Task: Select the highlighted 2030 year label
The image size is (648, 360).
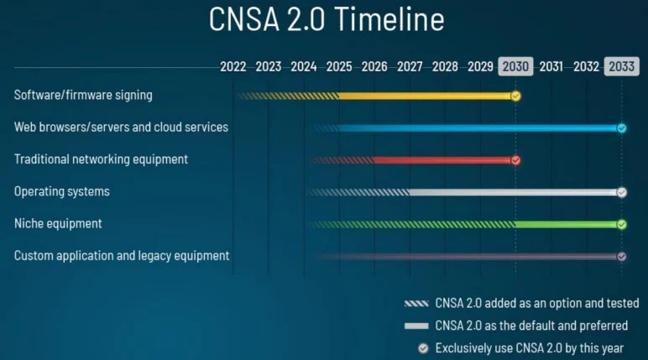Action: pyautogui.click(x=515, y=66)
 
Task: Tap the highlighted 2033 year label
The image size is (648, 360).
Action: pyautogui.click(x=621, y=66)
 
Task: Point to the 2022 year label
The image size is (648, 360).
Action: pyautogui.click(x=233, y=66)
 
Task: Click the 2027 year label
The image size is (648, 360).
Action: pyautogui.click(x=410, y=66)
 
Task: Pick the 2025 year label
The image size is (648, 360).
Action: pyautogui.click(x=339, y=66)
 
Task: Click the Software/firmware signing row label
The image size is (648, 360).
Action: pyautogui.click(x=83, y=95)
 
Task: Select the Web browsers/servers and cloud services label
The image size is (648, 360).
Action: pyautogui.click(x=121, y=128)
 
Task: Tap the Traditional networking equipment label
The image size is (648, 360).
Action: pyautogui.click(x=101, y=159)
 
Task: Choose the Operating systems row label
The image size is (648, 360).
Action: pyautogui.click(x=62, y=191)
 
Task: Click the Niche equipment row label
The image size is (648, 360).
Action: pyautogui.click(x=58, y=224)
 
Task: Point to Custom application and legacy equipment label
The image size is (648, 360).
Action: pyautogui.click(x=122, y=256)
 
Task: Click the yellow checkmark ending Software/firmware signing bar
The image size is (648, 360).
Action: pyautogui.click(x=515, y=96)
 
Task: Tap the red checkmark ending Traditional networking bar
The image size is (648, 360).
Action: pyautogui.click(x=515, y=160)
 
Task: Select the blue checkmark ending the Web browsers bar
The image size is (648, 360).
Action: pyautogui.click(x=621, y=128)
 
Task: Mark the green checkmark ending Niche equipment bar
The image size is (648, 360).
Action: pyautogui.click(x=621, y=224)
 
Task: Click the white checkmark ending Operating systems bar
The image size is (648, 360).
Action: pyautogui.click(x=621, y=192)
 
